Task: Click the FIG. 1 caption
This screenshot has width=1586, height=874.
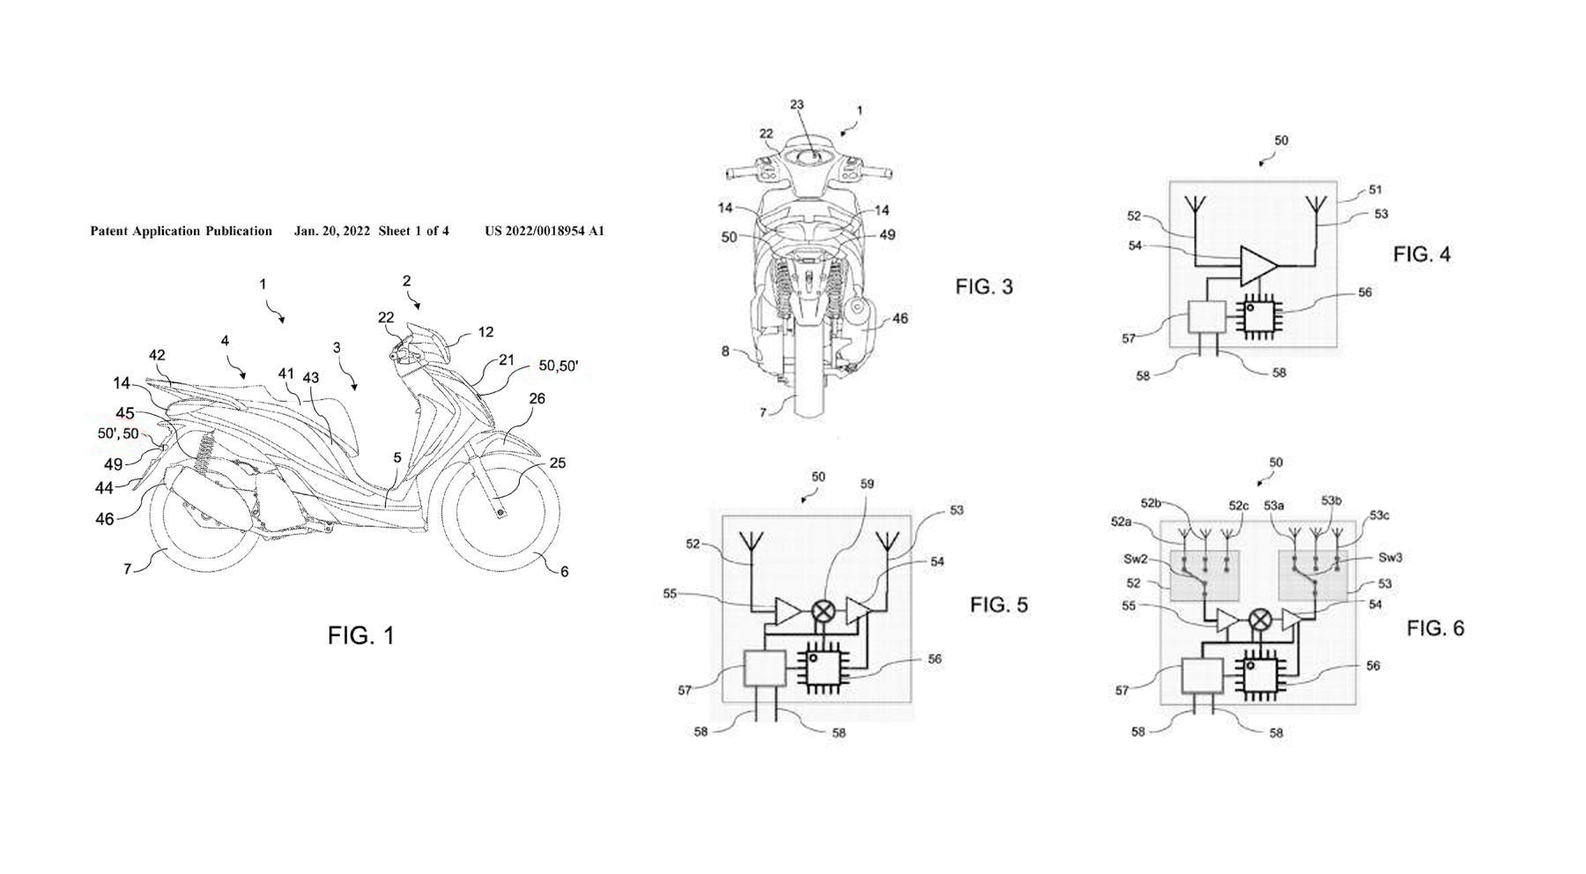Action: coord(361,635)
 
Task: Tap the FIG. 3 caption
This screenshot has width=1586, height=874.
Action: coord(984,286)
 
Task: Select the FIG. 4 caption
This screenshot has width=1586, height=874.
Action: coord(1421,255)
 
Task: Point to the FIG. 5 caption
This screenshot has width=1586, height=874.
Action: coord(999,604)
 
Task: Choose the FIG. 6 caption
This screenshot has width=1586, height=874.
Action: coord(1435,628)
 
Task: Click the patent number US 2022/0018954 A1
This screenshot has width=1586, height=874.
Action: coord(545,232)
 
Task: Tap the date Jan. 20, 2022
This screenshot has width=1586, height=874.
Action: coord(332,232)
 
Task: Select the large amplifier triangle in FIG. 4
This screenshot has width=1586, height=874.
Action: coord(1257,266)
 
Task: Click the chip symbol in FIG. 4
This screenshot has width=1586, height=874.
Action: coord(1262,319)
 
